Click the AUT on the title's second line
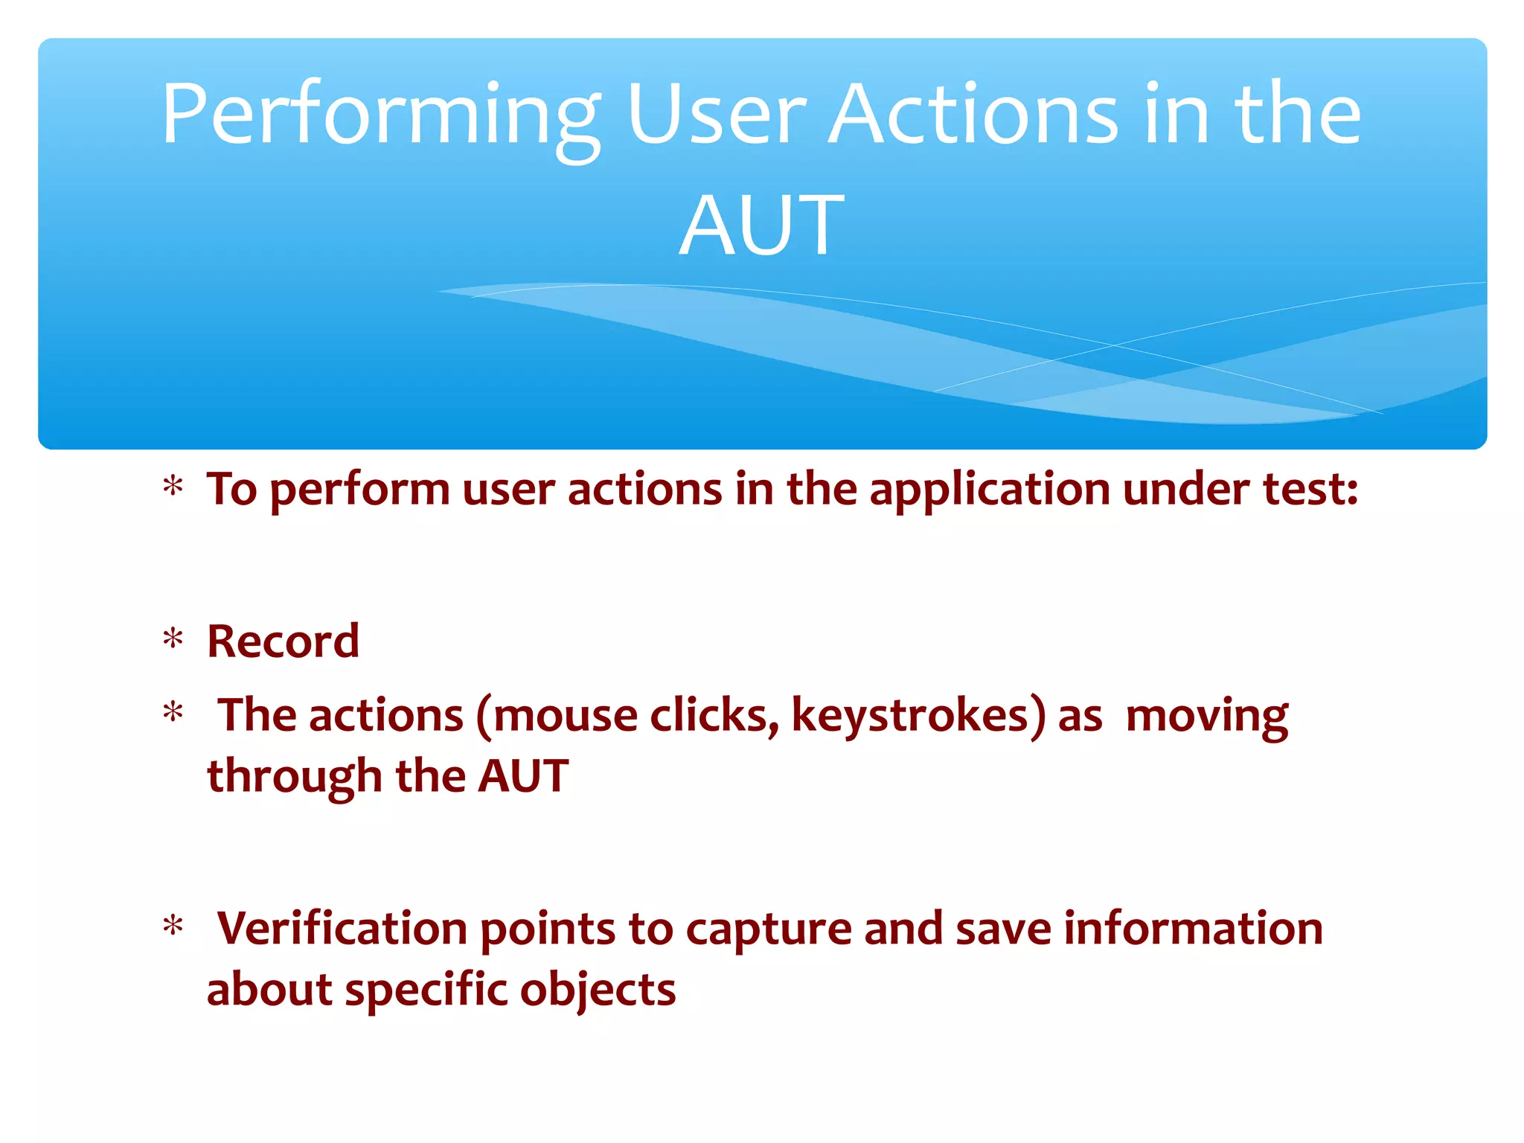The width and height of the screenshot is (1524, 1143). pos(761,225)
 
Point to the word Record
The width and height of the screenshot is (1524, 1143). pos(283,641)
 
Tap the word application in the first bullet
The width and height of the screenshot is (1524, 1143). pos(990,490)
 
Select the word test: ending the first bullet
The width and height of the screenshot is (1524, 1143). pos(1310,490)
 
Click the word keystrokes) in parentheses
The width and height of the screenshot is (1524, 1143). pos(918,716)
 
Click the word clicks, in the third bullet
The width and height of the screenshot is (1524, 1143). pos(714,716)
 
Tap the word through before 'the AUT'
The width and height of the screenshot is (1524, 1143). pos(295,777)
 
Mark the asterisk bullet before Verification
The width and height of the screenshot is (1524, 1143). pos(173,927)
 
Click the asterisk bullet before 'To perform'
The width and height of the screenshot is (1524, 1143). pos(173,488)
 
